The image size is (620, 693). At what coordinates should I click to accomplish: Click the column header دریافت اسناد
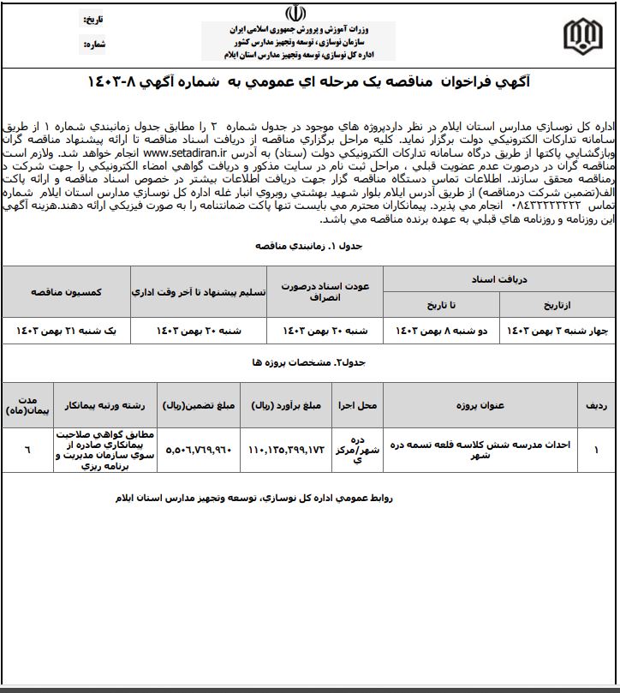pos(498,279)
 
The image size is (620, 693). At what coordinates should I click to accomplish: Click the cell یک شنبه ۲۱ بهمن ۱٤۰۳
pos(67,329)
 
